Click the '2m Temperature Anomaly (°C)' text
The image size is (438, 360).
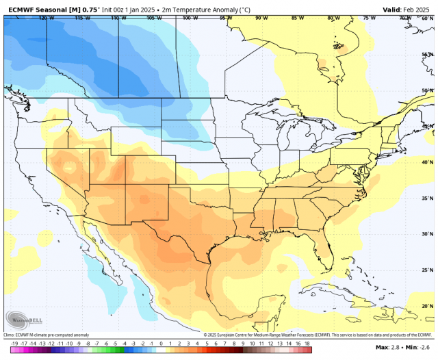tap(205, 10)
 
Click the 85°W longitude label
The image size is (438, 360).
tap(297, 18)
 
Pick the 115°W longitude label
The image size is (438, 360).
tap(82, 18)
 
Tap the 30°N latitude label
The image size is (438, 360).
tap(427, 234)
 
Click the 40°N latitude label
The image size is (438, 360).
tap(427, 162)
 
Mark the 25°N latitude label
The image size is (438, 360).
tap(427, 270)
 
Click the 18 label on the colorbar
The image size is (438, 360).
tap(307, 344)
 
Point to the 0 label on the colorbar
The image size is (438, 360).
tap(161, 344)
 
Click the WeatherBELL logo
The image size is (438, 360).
tap(23, 320)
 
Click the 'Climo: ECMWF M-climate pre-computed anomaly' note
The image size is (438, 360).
tap(44, 334)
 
